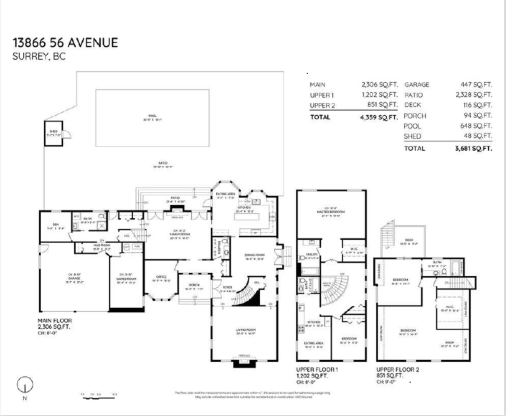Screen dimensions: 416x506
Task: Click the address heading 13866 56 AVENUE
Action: pos(65,43)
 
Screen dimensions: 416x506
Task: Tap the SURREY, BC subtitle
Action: pos(40,57)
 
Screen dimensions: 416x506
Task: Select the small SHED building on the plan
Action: pos(54,134)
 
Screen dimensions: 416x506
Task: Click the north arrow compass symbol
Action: pos(25,385)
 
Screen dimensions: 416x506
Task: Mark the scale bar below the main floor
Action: pos(100,394)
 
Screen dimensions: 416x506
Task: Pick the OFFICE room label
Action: pos(160,277)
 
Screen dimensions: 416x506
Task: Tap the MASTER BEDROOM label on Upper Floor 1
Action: pos(331,212)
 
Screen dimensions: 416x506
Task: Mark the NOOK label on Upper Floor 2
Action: pos(450,343)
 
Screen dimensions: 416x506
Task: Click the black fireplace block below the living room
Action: pos(244,363)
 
